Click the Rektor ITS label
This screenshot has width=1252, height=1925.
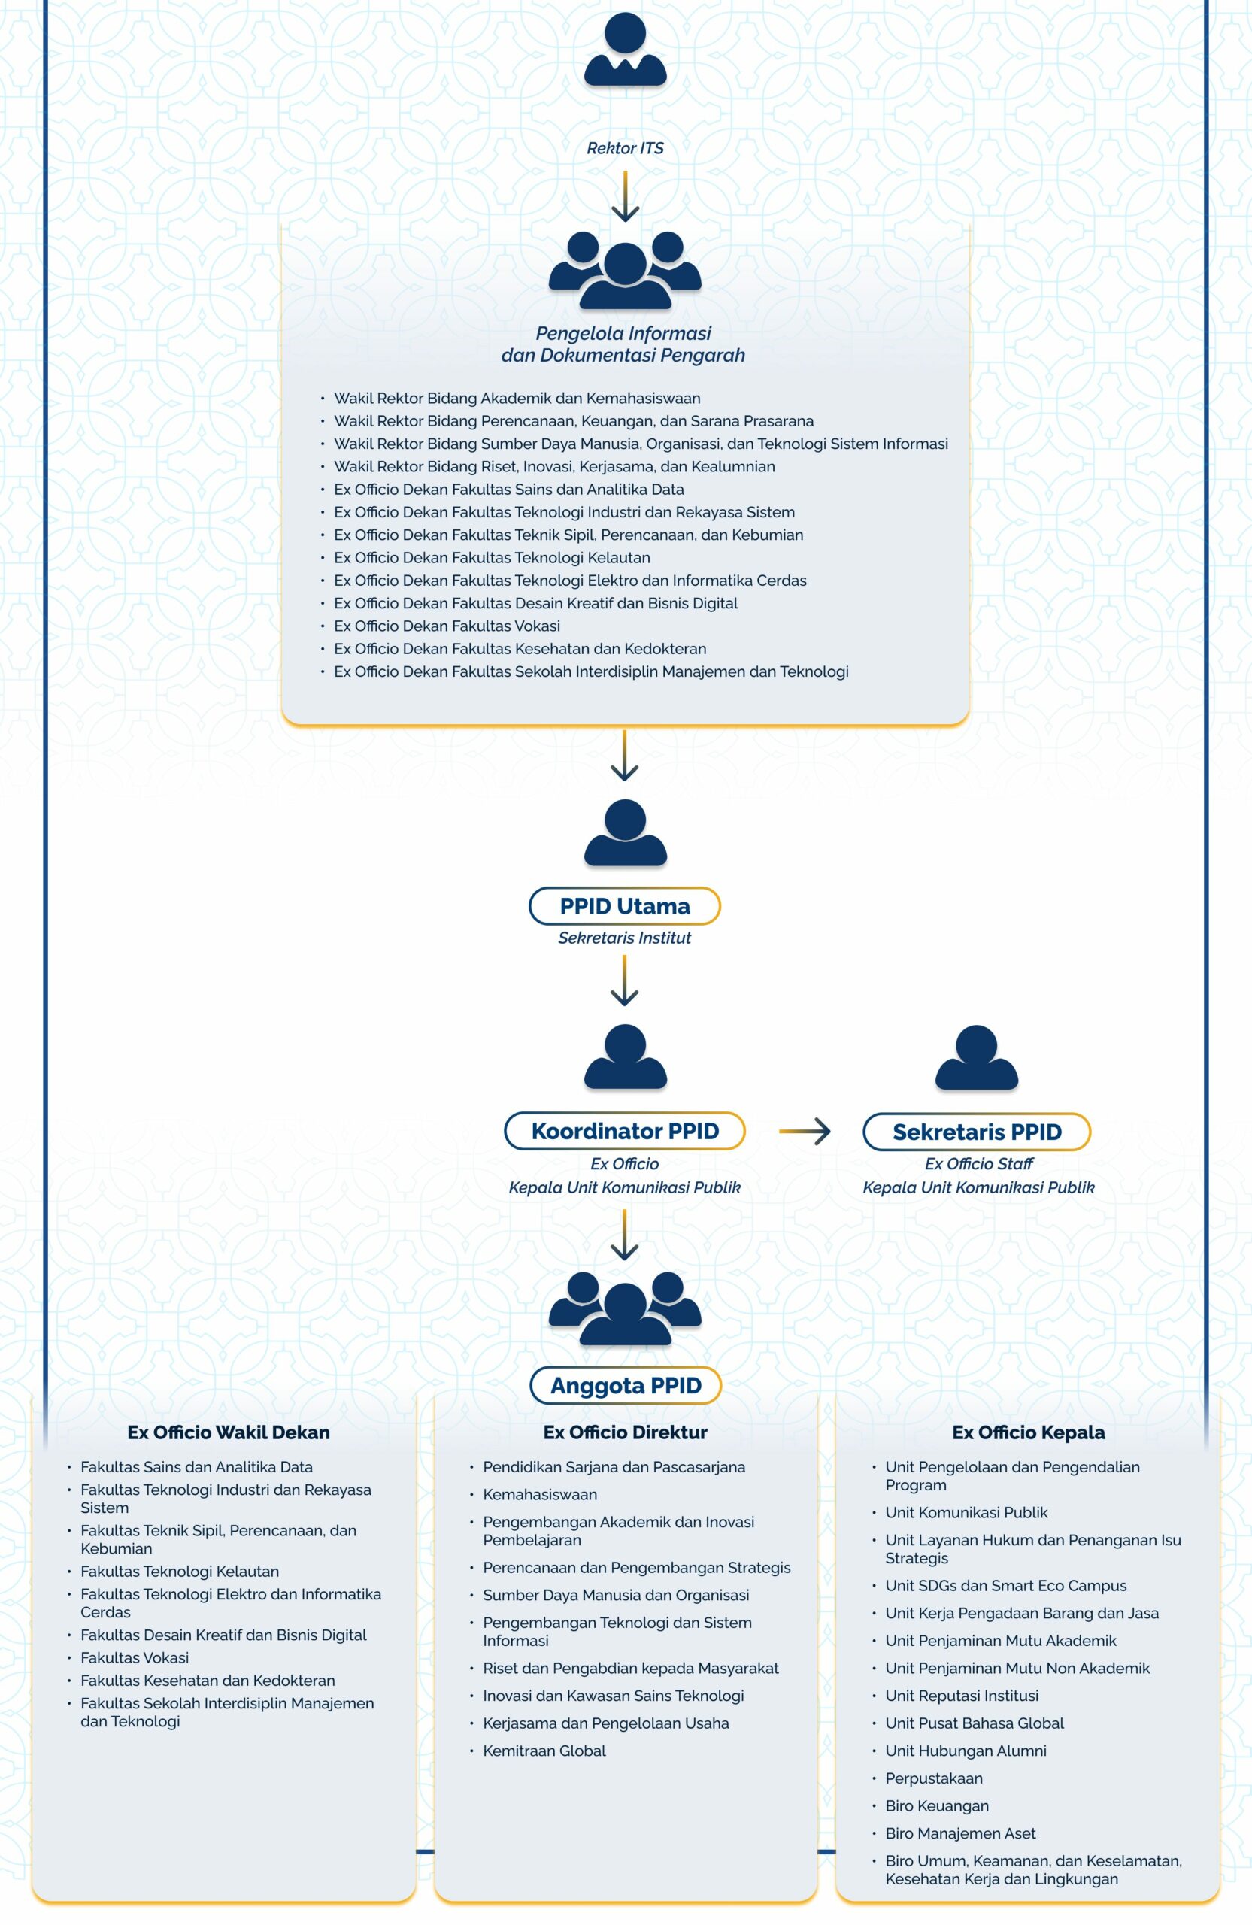pyautogui.click(x=625, y=148)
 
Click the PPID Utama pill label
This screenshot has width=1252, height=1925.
pyautogui.click(x=624, y=906)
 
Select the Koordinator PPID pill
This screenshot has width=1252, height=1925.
pyautogui.click(x=624, y=1131)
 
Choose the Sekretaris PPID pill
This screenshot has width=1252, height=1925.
pyautogui.click(x=976, y=1132)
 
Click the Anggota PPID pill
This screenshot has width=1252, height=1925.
pyautogui.click(x=625, y=1386)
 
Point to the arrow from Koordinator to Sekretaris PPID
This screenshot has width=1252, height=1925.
pyautogui.click(x=805, y=1131)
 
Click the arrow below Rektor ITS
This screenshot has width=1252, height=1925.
pyautogui.click(x=625, y=196)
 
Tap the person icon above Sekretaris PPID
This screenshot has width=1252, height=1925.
pyautogui.click(x=976, y=1056)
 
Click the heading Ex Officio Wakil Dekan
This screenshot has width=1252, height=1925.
pyautogui.click(x=228, y=1432)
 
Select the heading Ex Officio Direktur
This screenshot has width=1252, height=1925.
pyautogui.click(x=625, y=1432)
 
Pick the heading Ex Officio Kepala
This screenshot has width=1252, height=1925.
pyautogui.click(x=1028, y=1432)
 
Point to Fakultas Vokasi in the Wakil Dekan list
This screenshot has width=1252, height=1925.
pyautogui.click(x=135, y=1657)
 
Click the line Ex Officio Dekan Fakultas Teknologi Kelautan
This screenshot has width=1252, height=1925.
pyautogui.click(x=492, y=557)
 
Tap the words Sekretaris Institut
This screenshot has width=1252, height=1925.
pyautogui.click(x=624, y=938)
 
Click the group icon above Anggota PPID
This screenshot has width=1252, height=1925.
pyautogui.click(x=625, y=1308)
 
